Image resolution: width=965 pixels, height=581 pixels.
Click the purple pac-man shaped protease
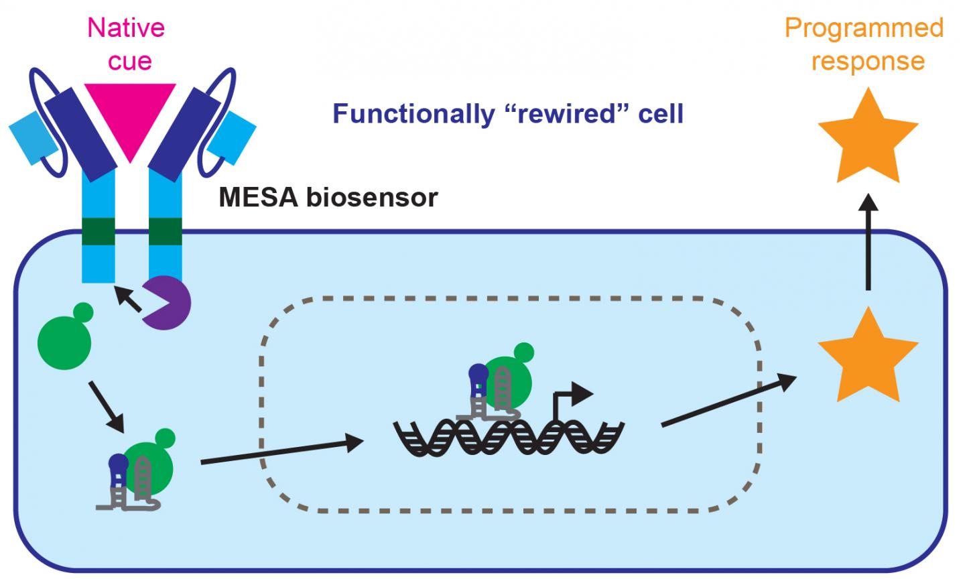tap(167, 303)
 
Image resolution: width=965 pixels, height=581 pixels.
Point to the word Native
tap(126, 28)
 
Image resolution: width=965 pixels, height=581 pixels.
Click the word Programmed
tap(864, 28)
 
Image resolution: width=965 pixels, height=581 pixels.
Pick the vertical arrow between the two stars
tap(868, 243)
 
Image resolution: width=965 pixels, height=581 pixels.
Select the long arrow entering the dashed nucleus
tap(282, 450)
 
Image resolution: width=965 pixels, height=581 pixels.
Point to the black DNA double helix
tap(509, 438)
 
